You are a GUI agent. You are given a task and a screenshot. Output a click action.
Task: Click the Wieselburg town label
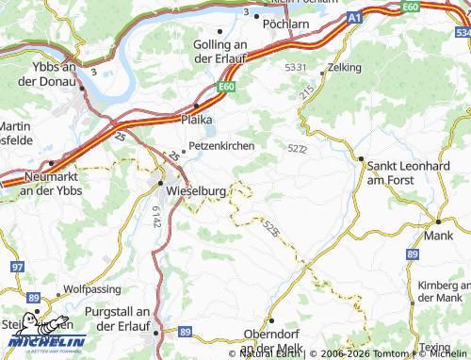pyautogui.click(x=195, y=191)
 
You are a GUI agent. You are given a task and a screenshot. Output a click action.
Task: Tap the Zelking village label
pyautogui.click(x=346, y=69)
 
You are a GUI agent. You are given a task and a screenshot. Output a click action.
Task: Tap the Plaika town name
pyautogui.click(x=197, y=120)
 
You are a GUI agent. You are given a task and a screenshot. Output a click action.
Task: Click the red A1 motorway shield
pyautogui.click(x=353, y=17)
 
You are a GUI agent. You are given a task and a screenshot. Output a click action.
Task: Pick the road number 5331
pyautogui.click(x=296, y=68)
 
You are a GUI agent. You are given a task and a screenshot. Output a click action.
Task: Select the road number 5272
pyautogui.click(x=297, y=148)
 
